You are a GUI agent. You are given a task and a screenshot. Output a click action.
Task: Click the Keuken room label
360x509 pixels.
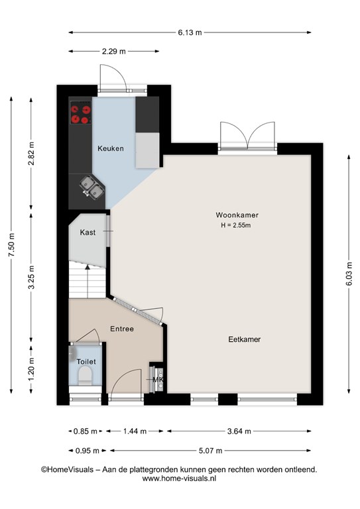pyautogui.click(x=111, y=148)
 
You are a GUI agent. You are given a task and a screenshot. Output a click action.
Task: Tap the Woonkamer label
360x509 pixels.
pyautogui.click(x=237, y=215)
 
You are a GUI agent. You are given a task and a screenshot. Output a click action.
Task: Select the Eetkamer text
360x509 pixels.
pyautogui.click(x=245, y=339)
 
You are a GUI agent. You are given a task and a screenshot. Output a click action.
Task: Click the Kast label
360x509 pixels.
pyautogui.click(x=88, y=233)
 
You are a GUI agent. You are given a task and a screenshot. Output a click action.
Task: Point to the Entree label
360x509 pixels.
pyautogui.click(x=122, y=329)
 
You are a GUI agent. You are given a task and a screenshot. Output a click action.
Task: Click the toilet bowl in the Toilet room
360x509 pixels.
pyautogui.click(x=86, y=376)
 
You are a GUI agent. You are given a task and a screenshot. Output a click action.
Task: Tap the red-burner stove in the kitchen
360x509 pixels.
pyautogui.click(x=80, y=112)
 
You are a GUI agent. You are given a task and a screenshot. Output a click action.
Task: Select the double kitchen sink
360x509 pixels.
pyautogui.click(x=92, y=187)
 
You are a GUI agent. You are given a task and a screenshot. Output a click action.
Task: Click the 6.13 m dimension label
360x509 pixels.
pyautogui.click(x=190, y=32)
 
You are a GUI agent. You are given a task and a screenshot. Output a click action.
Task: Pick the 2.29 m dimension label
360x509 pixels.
pyautogui.click(x=114, y=51)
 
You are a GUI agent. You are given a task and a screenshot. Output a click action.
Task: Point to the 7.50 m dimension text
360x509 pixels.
pyautogui.click(x=11, y=245)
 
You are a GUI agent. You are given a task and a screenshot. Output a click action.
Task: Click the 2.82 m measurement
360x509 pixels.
pyautogui.click(x=31, y=154)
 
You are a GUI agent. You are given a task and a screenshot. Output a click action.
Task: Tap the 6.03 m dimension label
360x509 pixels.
pyautogui.click(x=349, y=274)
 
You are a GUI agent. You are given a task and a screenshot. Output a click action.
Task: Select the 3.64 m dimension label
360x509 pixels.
pyautogui.click(x=239, y=431)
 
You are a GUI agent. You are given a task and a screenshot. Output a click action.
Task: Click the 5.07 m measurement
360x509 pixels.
pyautogui.click(x=211, y=451)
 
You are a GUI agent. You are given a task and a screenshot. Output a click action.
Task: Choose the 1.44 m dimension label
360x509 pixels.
pyautogui.click(x=135, y=431)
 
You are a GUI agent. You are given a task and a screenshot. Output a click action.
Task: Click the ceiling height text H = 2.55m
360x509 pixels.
pyautogui.click(x=236, y=225)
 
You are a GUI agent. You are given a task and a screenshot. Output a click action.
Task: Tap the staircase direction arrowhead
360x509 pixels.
pyautogui.click(x=88, y=267)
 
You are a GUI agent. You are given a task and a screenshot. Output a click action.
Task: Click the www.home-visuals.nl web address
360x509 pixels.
pyautogui.click(x=179, y=479)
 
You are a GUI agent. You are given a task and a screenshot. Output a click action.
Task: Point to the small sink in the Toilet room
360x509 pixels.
pyautogui.click(x=72, y=354)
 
